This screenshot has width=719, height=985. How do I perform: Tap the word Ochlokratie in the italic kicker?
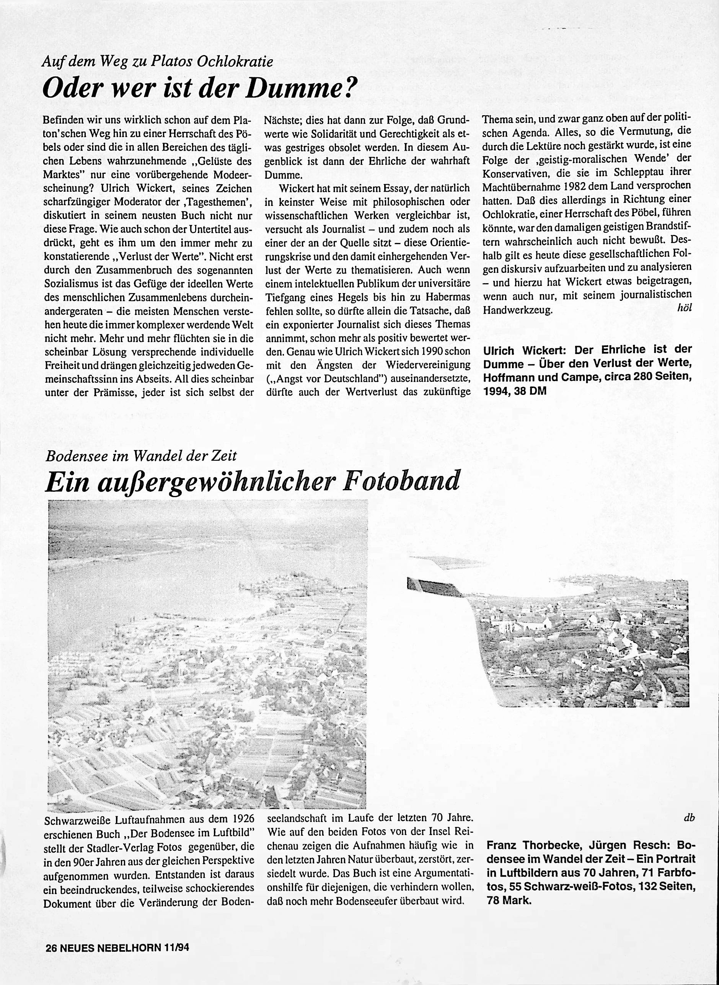[x=235, y=62]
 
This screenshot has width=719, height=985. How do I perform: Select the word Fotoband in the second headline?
[x=400, y=481]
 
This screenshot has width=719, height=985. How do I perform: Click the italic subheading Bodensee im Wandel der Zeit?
[x=141, y=456]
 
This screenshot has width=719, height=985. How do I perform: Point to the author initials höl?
[x=684, y=308]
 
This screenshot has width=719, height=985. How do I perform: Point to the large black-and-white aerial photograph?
[x=207, y=653]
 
